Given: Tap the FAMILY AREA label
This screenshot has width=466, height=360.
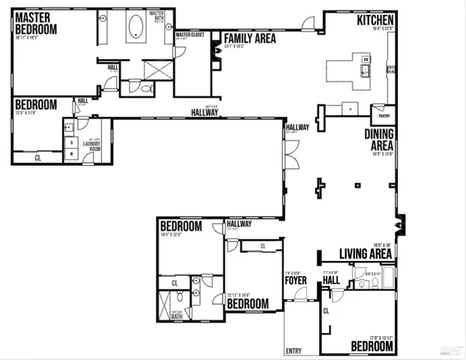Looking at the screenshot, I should pos(249,37).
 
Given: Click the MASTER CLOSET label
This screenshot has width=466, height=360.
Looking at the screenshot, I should pos(190,34).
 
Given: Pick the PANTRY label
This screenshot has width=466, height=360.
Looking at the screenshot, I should pos(383,116).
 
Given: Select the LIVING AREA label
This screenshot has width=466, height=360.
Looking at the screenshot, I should pos(366,253).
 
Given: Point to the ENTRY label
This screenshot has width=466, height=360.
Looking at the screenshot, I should pos(294,350).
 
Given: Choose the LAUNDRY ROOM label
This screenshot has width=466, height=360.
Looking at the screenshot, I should pos(91,146).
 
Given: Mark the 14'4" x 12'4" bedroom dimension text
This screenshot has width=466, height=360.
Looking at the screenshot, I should pos(172,235).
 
